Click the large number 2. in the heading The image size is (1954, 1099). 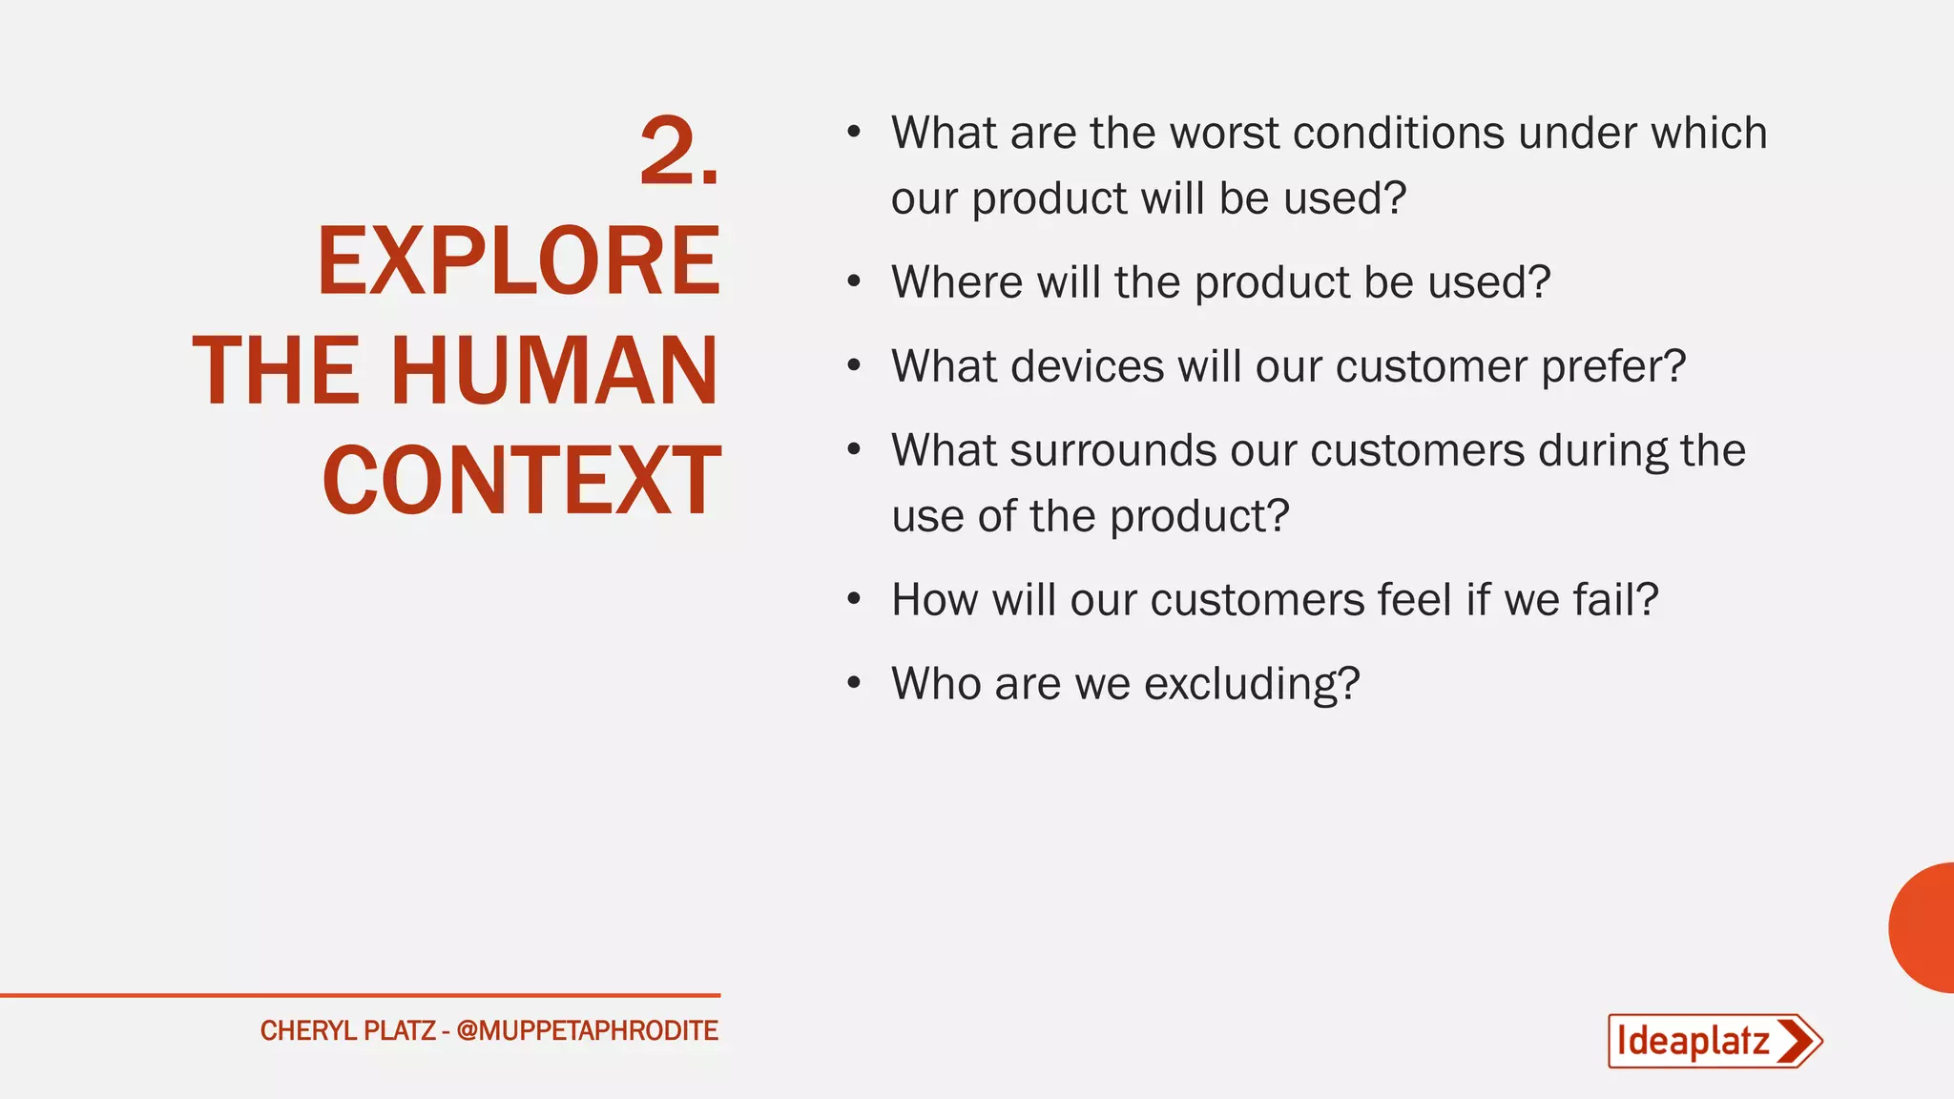click(678, 152)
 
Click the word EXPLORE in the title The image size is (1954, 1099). click(518, 261)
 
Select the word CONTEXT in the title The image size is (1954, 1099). click(521, 481)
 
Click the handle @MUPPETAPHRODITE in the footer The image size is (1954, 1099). click(587, 1031)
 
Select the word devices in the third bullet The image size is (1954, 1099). click(1088, 366)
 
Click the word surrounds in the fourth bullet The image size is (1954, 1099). click(1112, 450)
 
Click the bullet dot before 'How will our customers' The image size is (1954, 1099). click(854, 599)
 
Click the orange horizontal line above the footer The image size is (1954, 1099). click(360, 995)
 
